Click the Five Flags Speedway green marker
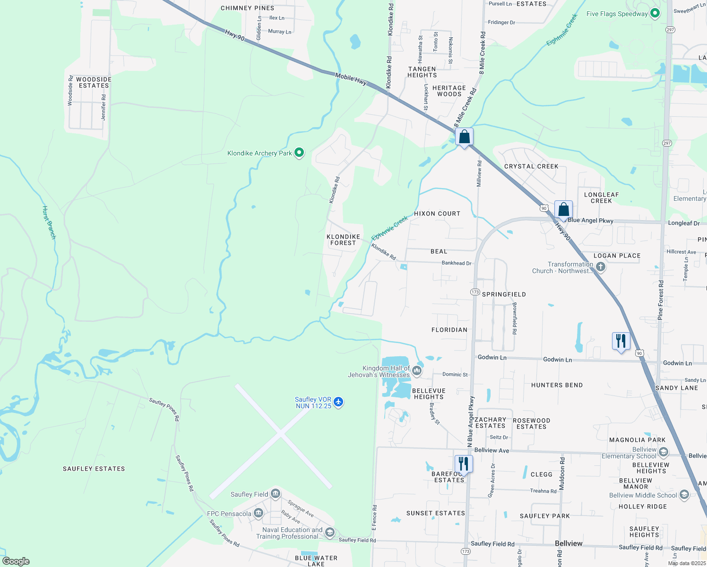coord(655,13)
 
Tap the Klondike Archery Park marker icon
coord(299,153)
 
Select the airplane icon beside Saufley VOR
coord(338,402)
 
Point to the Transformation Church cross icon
coord(600,267)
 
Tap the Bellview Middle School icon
coord(684,495)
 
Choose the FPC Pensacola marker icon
coord(258,513)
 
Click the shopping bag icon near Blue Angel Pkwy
coord(563,209)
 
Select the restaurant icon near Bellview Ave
coord(463,464)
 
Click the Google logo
coord(16,561)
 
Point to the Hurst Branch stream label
coord(49,223)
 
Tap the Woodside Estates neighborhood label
coord(94,83)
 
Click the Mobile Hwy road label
coord(351,79)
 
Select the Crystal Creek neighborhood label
coord(531,166)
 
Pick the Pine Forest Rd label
coord(661,300)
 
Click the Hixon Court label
coord(437,214)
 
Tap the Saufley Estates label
coord(94,469)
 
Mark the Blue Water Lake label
coord(316,561)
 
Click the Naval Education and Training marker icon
coord(330,533)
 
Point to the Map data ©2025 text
coord(686,563)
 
